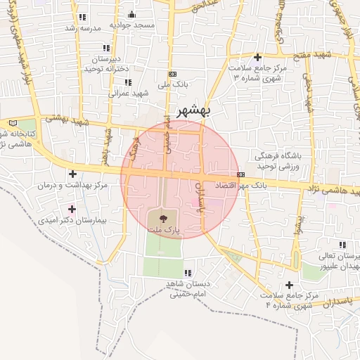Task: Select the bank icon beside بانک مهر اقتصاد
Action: [x=241, y=174]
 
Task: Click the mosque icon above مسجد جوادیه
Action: [x=131, y=15]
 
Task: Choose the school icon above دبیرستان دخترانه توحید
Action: [x=106, y=48]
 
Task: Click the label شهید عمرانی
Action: [x=127, y=93]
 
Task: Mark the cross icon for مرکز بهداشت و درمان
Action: [x=72, y=174]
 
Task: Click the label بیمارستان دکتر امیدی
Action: [x=72, y=220]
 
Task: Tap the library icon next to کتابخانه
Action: [x=13, y=124]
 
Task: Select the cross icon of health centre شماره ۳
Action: [x=258, y=57]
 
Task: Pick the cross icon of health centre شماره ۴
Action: [x=289, y=284]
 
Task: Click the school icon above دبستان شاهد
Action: [x=188, y=273]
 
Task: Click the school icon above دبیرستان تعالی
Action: [x=342, y=245]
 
